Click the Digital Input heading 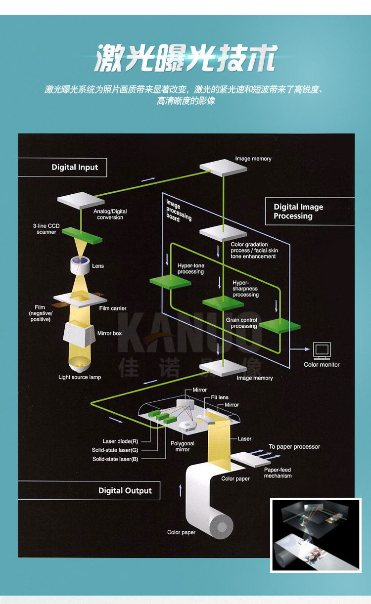(x=75, y=168)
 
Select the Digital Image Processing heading (x=298, y=212)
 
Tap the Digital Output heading (x=125, y=491)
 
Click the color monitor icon (x=322, y=351)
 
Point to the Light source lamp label (x=80, y=378)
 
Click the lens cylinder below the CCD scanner (x=80, y=265)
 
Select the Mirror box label (x=109, y=334)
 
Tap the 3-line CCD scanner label (x=46, y=229)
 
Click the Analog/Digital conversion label (x=110, y=215)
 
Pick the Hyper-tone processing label (x=190, y=269)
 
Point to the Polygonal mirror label (x=183, y=446)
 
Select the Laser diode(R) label (x=120, y=441)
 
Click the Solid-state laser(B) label (x=115, y=459)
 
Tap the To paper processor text (x=294, y=447)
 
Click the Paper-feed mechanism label (x=278, y=473)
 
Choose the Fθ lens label (x=220, y=397)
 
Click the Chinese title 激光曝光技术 (x=185, y=59)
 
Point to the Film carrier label (x=113, y=308)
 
